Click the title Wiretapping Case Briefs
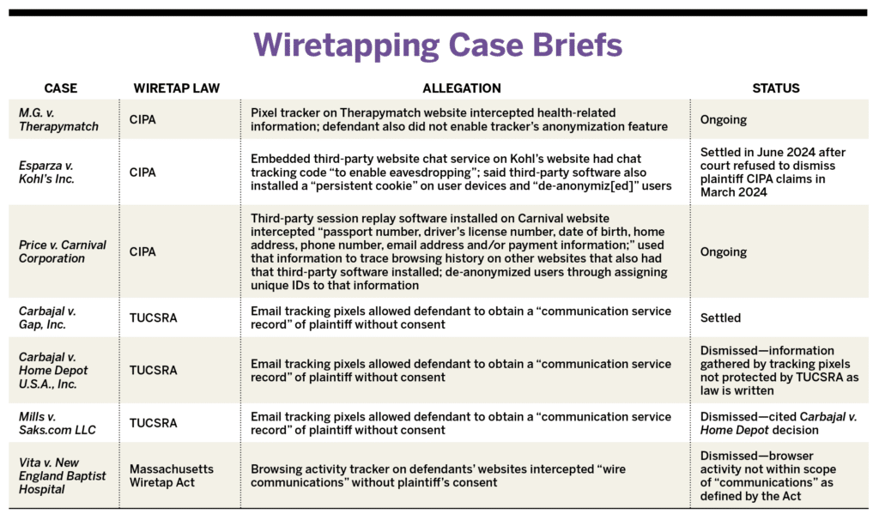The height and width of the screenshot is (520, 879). (439, 44)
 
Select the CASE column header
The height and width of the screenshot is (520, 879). (61, 88)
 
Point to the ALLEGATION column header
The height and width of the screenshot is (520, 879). (461, 88)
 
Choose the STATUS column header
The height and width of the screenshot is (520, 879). (775, 88)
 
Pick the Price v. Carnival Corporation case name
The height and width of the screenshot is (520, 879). (62, 251)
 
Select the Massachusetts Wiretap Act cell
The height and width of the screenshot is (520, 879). (171, 476)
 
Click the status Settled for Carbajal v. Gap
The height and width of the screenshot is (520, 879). (720, 317)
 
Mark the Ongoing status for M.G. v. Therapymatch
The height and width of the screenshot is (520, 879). (723, 120)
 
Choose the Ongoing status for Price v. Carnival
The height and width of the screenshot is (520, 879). (723, 252)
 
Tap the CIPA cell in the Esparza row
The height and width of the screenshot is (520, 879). (142, 172)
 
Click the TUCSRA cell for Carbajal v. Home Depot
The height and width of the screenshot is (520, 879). (154, 371)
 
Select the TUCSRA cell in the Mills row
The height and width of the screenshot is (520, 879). (154, 423)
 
